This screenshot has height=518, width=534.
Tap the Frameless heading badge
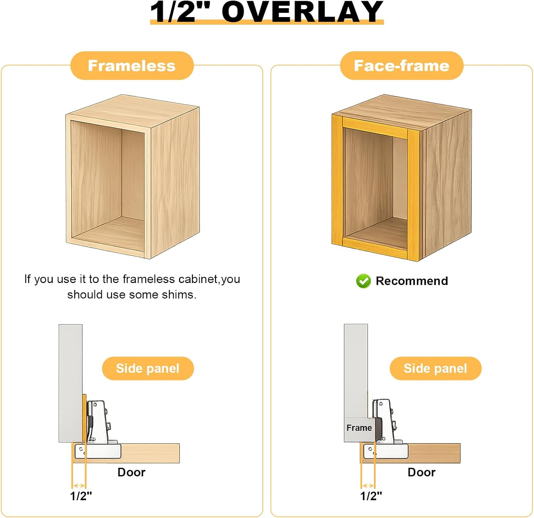(132, 66)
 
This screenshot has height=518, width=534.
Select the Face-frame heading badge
(402, 66)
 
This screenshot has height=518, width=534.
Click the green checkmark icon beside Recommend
(363, 281)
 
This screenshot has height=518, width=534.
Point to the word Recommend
(412, 281)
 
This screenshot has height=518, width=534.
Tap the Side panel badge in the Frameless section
(148, 368)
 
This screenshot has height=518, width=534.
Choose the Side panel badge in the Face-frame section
(435, 368)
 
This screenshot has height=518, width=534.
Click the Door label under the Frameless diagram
(131, 472)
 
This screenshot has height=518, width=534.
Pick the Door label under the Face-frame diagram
(422, 472)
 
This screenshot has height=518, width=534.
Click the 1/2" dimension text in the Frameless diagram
(81, 496)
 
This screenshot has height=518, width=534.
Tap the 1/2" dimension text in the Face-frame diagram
(371, 496)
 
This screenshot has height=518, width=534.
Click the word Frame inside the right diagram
(359, 428)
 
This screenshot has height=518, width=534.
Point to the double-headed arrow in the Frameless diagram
(79, 486)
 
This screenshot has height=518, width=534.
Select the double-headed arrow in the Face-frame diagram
(368, 486)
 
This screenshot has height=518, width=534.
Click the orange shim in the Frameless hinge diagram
(84, 417)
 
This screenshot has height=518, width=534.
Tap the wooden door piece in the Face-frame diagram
(434, 453)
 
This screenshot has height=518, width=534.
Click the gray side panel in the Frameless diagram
(70, 383)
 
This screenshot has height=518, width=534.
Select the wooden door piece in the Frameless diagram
(150, 453)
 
